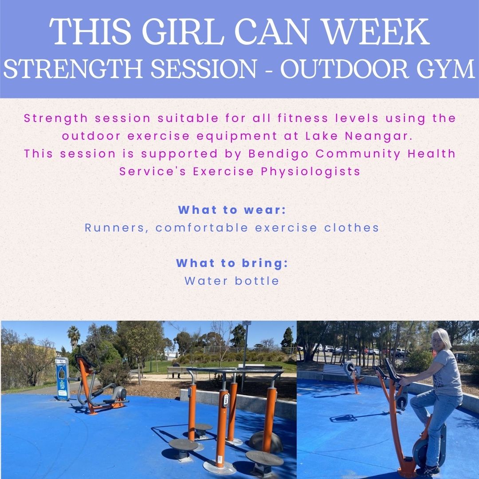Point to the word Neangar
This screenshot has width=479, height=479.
tap(378, 136)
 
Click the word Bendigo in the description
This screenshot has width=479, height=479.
tap(278, 153)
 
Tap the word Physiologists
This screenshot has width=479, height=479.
tap(310, 171)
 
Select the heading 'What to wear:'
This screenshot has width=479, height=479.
tap(232, 210)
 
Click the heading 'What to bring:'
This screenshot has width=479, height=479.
tap(232, 263)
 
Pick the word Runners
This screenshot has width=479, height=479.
tap(115, 228)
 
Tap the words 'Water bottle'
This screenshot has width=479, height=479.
tap(232, 281)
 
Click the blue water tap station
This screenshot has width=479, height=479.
tap(63, 379)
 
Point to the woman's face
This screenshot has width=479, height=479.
tap(437, 340)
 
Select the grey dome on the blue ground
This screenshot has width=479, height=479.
tap(265, 441)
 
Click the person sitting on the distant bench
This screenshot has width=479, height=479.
tap(176, 369)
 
